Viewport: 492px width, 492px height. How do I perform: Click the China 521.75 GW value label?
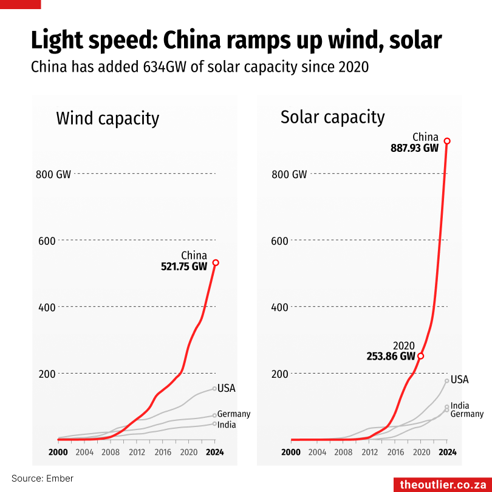coord(183,266)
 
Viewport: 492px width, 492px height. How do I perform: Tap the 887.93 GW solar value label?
coord(415,148)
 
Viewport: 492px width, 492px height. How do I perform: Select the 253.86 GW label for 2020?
coord(391,357)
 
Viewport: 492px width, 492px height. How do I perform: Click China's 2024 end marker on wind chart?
coord(216,263)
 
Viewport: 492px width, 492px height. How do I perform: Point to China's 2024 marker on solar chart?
coord(447,141)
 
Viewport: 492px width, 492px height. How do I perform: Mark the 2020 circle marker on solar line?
coord(421,356)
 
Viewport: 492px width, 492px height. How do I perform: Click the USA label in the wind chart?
coord(226,388)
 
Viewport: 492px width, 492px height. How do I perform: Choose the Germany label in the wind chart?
coord(234,414)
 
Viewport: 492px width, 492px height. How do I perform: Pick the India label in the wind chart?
coord(226,425)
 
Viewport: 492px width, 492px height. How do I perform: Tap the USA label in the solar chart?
coord(460,380)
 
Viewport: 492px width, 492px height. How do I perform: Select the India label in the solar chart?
coord(460,406)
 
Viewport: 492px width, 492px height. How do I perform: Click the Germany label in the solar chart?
coord(467,414)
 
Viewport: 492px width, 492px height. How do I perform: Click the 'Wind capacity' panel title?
coord(108,118)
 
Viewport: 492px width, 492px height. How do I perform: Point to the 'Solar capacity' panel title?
coord(332,117)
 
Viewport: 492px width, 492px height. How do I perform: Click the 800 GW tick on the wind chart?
coord(53,174)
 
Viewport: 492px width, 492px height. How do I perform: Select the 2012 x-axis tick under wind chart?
coord(137,452)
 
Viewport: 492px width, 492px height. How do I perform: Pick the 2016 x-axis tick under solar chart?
coord(395,452)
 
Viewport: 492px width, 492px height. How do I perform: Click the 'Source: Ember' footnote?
coord(43,479)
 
